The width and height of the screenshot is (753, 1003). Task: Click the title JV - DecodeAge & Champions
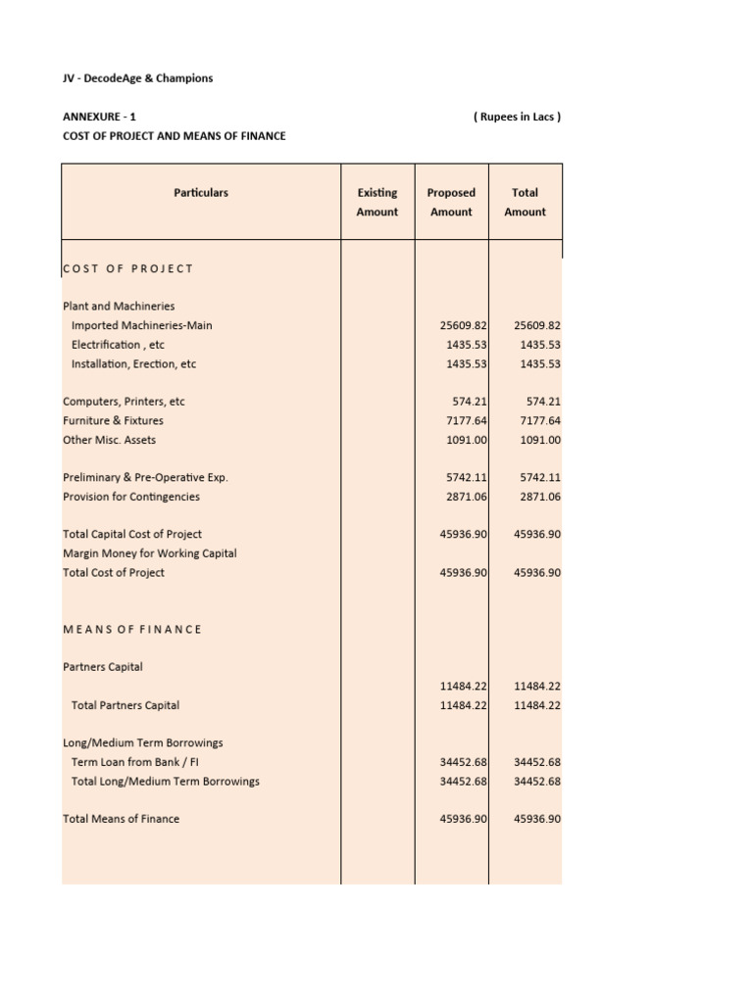pos(137,78)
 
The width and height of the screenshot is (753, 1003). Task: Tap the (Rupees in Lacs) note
pos(517,117)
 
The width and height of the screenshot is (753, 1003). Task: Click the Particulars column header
pos(201,193)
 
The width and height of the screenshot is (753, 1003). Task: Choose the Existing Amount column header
pos(377,202)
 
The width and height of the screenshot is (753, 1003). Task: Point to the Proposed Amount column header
pos(451,202)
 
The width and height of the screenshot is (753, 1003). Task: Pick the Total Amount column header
pos(525,202)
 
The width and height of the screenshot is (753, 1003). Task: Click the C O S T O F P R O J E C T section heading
pos(128,268)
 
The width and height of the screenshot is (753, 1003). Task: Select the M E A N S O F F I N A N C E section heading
pos(132,629)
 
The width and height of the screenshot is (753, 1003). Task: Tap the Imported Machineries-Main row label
pos(141,325)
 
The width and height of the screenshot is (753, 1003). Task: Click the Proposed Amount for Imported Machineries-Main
pos(465,325)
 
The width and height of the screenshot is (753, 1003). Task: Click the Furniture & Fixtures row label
pos(113,420)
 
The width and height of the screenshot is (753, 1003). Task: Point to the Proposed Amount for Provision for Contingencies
pos(468,497)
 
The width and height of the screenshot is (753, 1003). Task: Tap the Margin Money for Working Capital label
pos(149,553)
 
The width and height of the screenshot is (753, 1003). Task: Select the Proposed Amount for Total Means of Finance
pos(465,819)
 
